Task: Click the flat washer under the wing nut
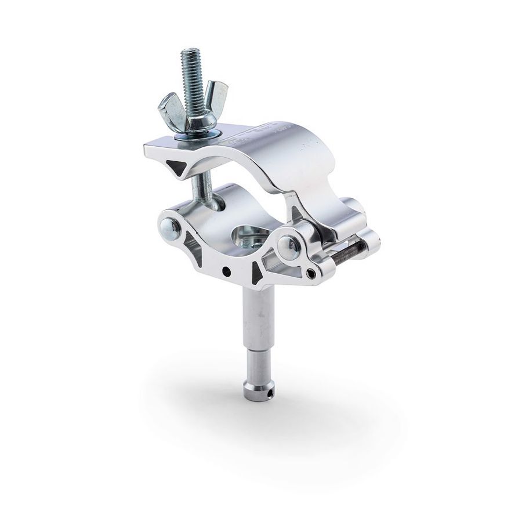[200, 135]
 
